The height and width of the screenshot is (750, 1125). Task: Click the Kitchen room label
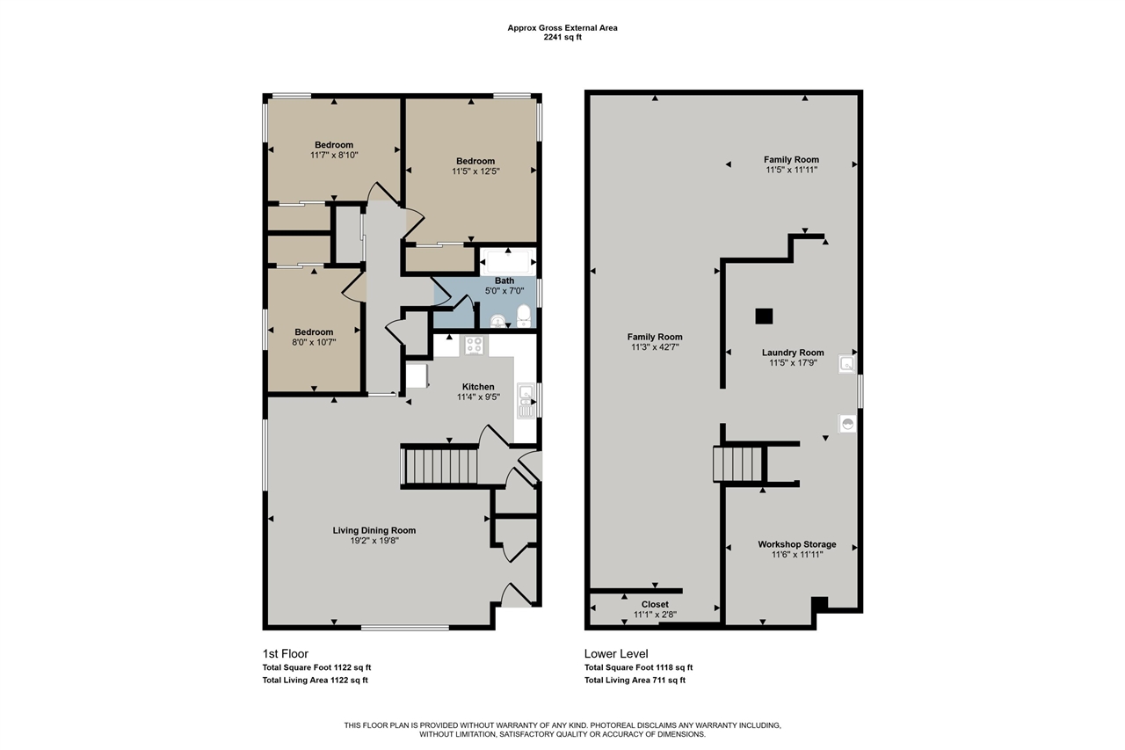coord(478,387)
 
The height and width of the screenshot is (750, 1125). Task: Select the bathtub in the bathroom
coord(507,262)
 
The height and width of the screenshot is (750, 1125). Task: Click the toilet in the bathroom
coord(524,316)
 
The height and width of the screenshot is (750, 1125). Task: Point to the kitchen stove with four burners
coord(475,346)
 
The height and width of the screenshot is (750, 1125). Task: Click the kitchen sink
coord(526,400)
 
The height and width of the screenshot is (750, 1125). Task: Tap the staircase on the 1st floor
coord(440,465)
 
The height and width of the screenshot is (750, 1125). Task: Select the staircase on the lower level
coord(737,464)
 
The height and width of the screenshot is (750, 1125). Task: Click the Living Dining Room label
coord(374,530)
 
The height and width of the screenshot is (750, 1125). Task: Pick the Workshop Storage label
coord(796,544)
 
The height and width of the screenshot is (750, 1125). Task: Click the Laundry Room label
coord(792,353)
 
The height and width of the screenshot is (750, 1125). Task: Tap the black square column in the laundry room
coord(764,316)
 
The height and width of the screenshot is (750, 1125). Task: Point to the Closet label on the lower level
coord(654,604)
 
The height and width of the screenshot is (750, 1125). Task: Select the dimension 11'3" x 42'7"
coord(654,346)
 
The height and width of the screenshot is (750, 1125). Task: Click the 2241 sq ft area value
coord(562,38)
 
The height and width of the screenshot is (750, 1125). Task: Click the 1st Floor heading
coord(286,654)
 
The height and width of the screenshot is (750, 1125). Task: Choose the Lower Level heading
coord(616,654)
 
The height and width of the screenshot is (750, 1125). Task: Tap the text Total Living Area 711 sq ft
coord(635,680)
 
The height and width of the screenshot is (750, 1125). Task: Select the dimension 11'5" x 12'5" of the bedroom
coord(475,171)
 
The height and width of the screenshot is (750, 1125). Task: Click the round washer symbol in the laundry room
coord(848,424)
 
